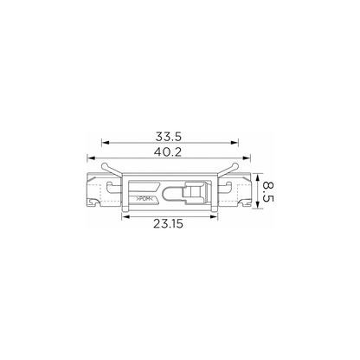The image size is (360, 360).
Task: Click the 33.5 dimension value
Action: (x=169, y=137)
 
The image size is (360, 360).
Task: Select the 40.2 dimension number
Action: (x=168, y=151)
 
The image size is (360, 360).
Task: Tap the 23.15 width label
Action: (x=168, y=223)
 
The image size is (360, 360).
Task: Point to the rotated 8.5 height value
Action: (x=268, y=191)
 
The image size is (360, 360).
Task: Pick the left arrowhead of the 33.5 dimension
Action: (x=105, y=143)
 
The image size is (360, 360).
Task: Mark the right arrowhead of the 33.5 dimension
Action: (x=235, y=143)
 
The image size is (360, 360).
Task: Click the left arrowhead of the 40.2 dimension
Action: (x=91, y=157)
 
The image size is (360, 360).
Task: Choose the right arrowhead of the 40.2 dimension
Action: (x=247, y=157)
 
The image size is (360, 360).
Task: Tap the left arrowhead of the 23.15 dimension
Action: (x=125, y=216)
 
